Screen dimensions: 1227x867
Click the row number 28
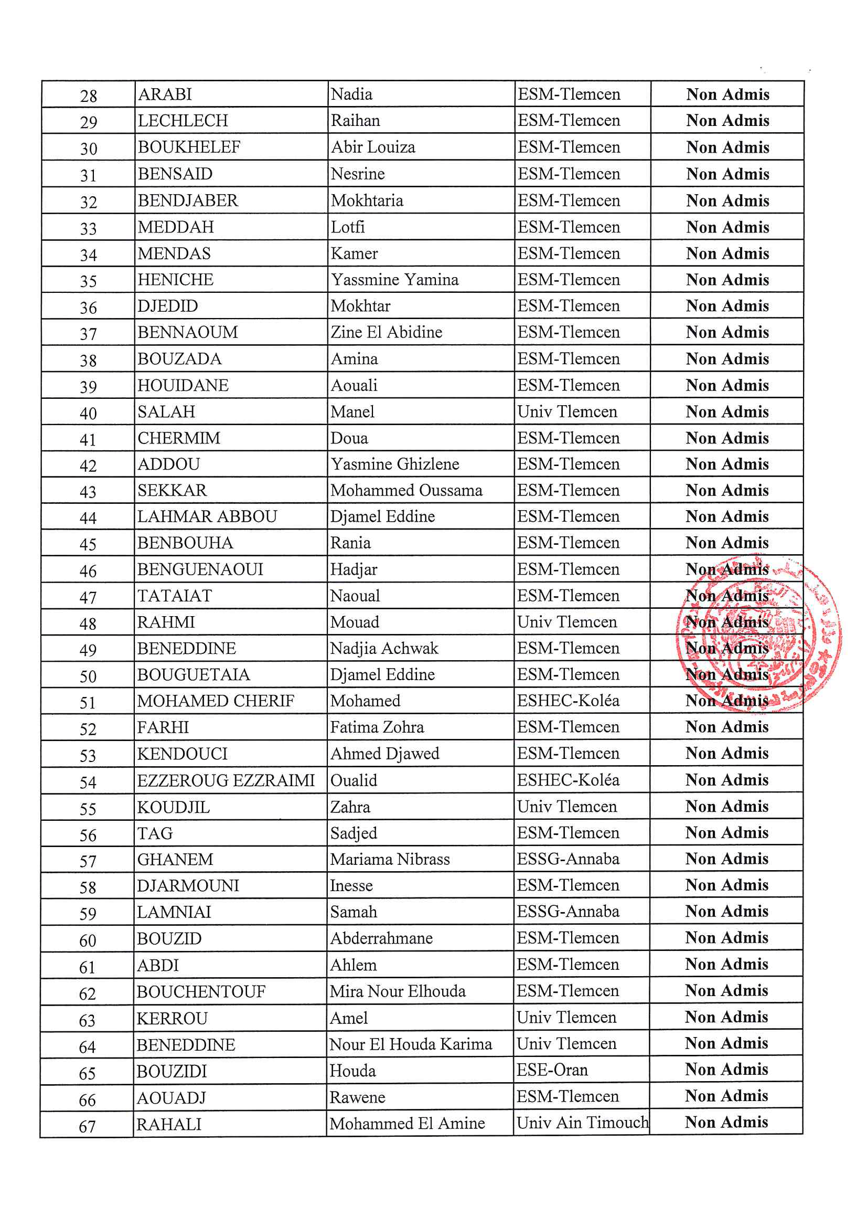[x=88, y=96]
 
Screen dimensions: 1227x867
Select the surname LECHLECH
[x=183, y=121]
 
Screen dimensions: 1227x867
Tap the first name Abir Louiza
[x=372, y=147]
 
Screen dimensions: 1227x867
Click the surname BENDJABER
[x=187, y=200]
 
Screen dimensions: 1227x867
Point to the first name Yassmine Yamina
[x=394, y=280]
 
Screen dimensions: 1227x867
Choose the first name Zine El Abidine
[x=386, y=332]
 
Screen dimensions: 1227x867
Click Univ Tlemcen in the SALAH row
[x=567, y=411]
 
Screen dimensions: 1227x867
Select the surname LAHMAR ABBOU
[x=207, y=516]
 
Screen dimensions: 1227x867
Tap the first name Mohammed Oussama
[x=406, y=490]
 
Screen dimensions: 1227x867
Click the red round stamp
[x=758, y=636]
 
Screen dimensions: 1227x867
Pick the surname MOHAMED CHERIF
[x=215, y=701]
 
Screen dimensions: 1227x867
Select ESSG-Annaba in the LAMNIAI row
[x=568, y=911]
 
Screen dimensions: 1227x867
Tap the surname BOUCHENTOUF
[x=201, y=991]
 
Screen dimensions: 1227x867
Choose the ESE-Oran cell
[x=552, y=1070]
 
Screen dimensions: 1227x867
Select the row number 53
[x=88, y=756]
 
